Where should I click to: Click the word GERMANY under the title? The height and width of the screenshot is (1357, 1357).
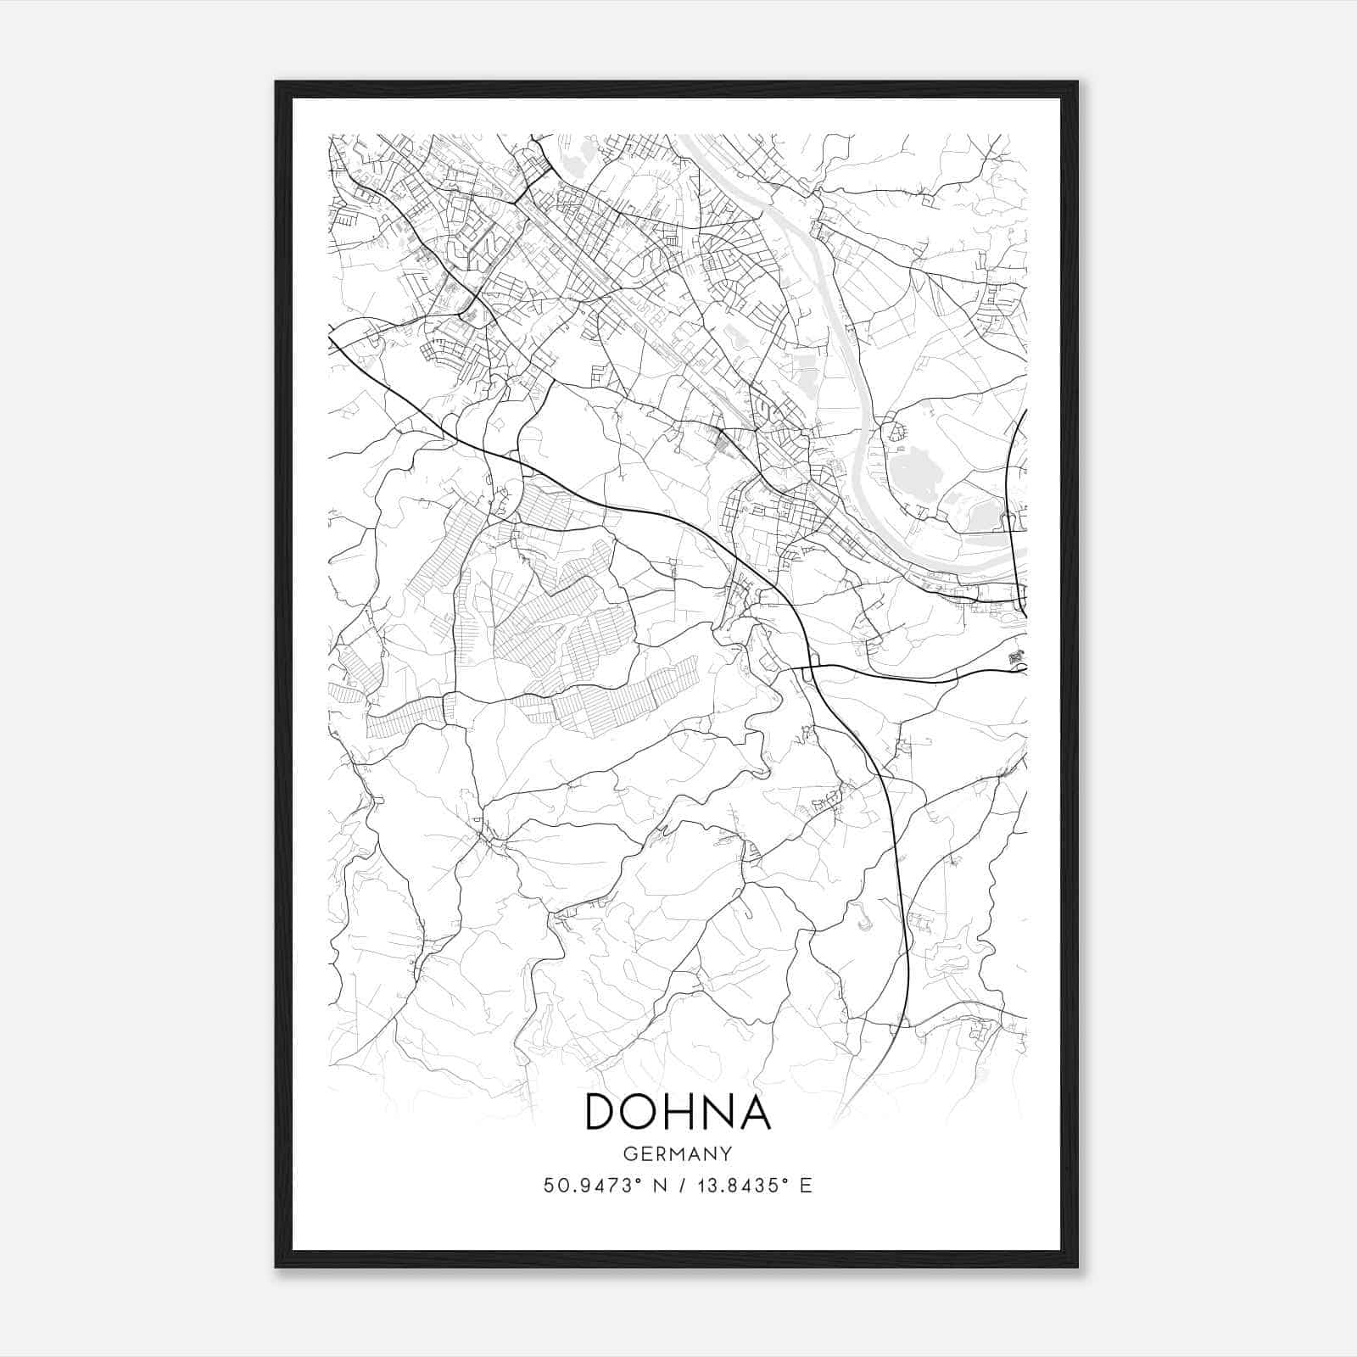(678, 1153)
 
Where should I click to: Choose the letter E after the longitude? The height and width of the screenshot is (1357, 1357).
(807, 1186)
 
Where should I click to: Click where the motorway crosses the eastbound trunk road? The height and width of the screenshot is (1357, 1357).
(808, 667)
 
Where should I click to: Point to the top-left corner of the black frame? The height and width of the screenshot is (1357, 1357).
(276, 82)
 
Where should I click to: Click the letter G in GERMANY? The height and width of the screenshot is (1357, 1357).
(629, 1153)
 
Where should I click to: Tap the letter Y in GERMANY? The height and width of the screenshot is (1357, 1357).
(727, 1153)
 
